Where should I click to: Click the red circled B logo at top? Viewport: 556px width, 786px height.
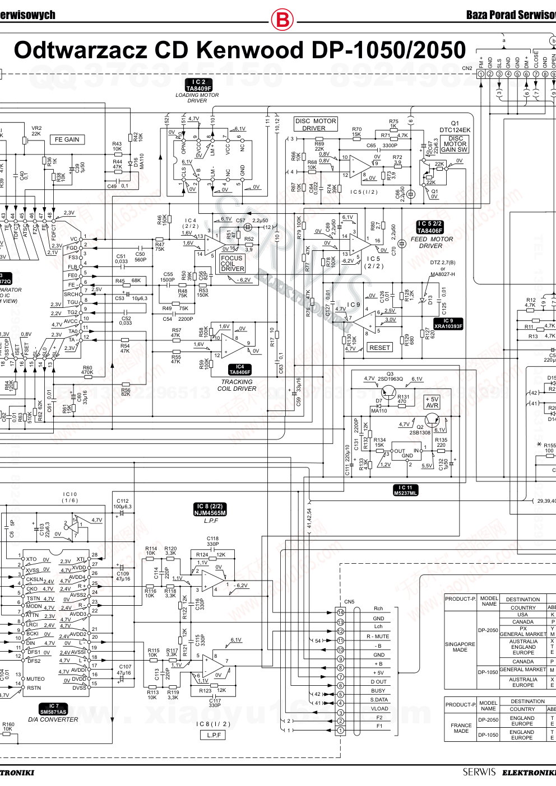282,20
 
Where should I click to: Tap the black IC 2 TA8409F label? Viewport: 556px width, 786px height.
198,85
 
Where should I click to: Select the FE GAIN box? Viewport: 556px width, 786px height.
67,139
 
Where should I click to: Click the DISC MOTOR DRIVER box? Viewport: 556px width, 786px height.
316,124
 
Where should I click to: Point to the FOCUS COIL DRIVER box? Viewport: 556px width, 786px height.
232,263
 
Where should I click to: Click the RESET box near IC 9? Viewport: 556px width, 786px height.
379,348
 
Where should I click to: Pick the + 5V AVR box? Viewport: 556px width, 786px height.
432,403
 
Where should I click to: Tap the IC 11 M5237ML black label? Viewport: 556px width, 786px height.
405,490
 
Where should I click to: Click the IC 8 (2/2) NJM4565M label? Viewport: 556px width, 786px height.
210,509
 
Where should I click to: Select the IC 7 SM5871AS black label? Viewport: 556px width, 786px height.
53,709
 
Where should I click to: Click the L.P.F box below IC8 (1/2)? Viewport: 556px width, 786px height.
214,734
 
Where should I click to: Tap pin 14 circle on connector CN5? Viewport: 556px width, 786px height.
340,612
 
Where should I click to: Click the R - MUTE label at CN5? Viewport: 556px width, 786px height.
378,637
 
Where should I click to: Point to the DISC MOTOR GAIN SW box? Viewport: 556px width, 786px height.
454,144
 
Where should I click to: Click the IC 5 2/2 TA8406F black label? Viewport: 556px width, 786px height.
430,227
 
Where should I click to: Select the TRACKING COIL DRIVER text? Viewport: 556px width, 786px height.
237,385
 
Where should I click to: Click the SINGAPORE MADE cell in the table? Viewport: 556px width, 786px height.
460,647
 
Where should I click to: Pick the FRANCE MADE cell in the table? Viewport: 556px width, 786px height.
461,728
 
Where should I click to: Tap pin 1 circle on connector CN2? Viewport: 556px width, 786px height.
481,74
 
